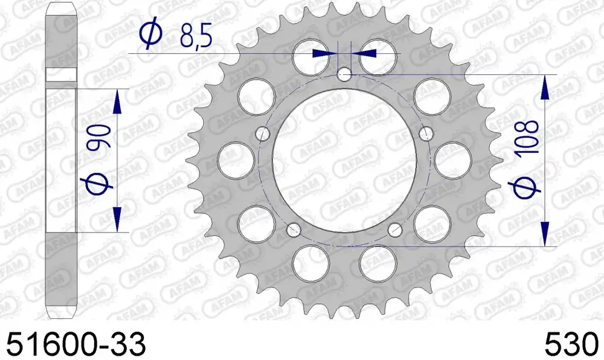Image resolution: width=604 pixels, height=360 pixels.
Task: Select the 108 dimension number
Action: [527, 138]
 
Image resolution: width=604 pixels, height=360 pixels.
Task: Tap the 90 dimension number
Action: [100, 137]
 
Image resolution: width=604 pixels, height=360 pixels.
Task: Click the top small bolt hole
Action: [344, 74]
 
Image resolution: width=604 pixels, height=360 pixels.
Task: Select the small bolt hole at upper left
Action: [263, 133]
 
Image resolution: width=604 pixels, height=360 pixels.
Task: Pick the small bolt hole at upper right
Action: [426, 133]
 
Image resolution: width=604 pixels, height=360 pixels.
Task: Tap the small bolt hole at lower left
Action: [294, 230]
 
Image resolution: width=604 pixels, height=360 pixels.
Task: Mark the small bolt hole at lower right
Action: [395, 230]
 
